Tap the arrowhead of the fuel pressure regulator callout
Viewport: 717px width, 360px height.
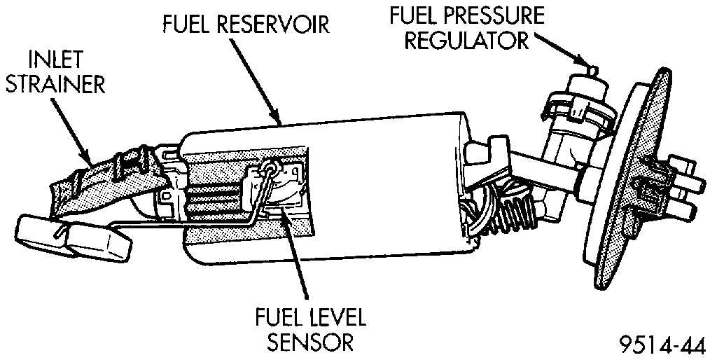click(584, 63)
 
